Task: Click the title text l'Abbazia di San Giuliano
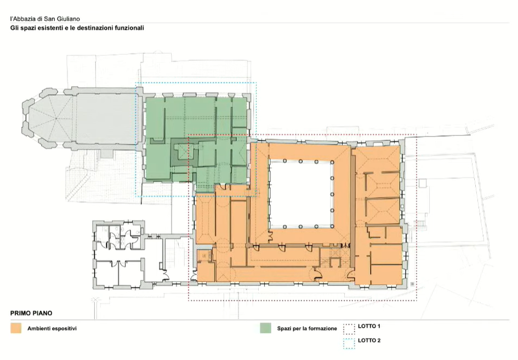45,19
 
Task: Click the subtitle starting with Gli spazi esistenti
77,28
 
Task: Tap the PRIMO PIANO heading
31,313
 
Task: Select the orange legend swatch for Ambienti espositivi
16,328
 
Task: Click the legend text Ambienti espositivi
52,329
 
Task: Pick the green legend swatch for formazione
266,328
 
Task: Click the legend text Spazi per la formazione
307,329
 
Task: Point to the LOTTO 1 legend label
369,327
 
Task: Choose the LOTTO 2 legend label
369,340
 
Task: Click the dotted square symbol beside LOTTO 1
349,329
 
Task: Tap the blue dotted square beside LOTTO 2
349,344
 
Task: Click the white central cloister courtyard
300,193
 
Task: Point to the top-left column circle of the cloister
285,161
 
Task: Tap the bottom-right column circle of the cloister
332,226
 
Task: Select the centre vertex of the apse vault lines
56,118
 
